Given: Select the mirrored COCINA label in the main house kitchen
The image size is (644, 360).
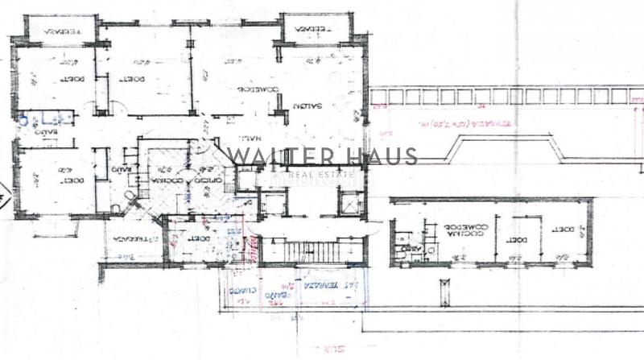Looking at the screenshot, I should (165, 182).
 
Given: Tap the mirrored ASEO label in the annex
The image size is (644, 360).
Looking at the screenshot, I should (411, 250).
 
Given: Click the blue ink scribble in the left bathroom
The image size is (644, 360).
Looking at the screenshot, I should (23, 120).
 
